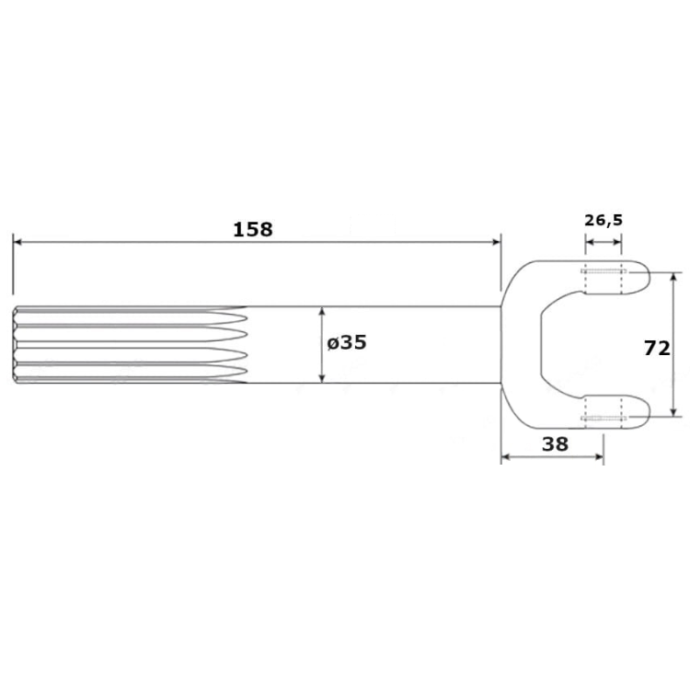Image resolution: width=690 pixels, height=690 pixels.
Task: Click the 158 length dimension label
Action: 253,229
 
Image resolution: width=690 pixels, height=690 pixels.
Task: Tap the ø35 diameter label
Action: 347,342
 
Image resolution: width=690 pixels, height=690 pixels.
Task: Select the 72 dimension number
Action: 657,348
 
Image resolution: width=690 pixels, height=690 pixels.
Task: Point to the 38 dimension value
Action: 555,444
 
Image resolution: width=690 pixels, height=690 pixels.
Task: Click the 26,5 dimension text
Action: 604,220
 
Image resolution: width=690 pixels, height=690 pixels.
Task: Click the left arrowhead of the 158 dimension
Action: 17,242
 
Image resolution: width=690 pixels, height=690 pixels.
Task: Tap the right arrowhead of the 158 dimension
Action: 497,242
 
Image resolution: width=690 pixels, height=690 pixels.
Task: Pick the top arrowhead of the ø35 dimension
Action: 322,311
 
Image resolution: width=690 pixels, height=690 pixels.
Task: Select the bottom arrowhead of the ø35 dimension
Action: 322,378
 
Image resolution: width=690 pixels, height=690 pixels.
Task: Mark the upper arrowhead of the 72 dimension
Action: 673,277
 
